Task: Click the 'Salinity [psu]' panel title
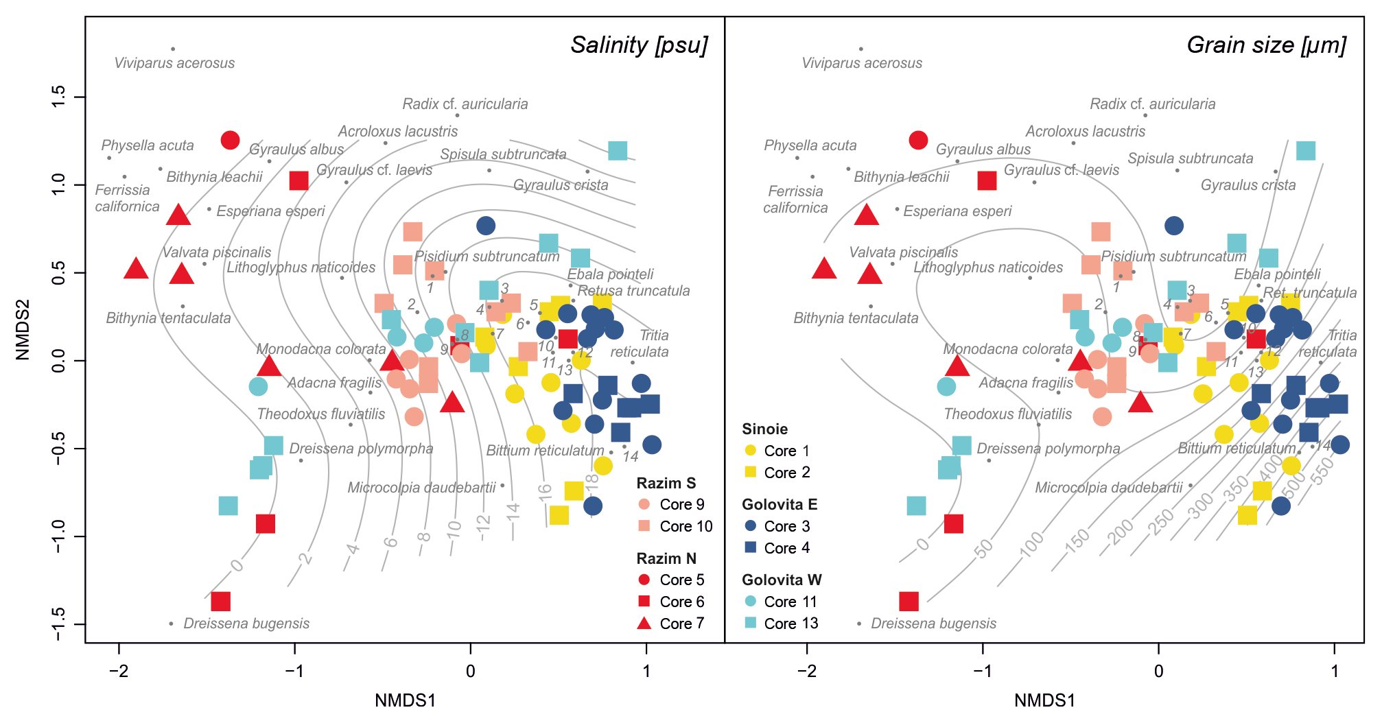639,45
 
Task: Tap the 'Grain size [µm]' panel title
1266,45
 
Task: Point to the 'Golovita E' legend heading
780,505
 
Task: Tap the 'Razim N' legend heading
666,559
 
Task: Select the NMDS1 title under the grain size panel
1044,701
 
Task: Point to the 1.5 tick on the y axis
59,97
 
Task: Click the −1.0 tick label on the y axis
59,536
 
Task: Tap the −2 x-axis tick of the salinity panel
119,671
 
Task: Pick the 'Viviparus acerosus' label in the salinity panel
174,64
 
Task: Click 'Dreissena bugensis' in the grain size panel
933,624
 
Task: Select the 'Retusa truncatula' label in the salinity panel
633,291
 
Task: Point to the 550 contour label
1322,471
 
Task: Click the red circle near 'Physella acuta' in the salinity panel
230,141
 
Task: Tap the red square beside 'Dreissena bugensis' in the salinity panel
220,602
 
